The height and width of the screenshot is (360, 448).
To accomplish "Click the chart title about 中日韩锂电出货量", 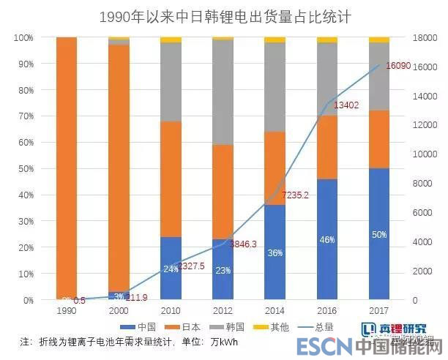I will [x=224, y=17].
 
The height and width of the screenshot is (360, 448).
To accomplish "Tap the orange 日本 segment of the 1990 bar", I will [x=67, y=168].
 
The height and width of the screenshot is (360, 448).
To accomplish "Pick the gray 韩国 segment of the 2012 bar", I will [x=223, y=92].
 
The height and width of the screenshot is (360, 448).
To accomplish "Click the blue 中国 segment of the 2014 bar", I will [x=275, y=252].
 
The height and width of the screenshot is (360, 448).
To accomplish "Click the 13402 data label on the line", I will [x=346, y=105].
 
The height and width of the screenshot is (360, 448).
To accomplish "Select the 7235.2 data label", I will [x=303, y=195].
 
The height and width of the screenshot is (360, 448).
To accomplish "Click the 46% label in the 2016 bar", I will [x=326, y=239].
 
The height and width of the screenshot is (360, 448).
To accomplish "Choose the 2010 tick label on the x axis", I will [x=171, y=310].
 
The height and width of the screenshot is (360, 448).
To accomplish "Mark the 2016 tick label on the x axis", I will [x=326, y=310].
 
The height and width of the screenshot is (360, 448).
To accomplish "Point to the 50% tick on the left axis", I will [x=25, y=169].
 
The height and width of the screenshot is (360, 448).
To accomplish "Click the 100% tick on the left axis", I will [x=23, y=37].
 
